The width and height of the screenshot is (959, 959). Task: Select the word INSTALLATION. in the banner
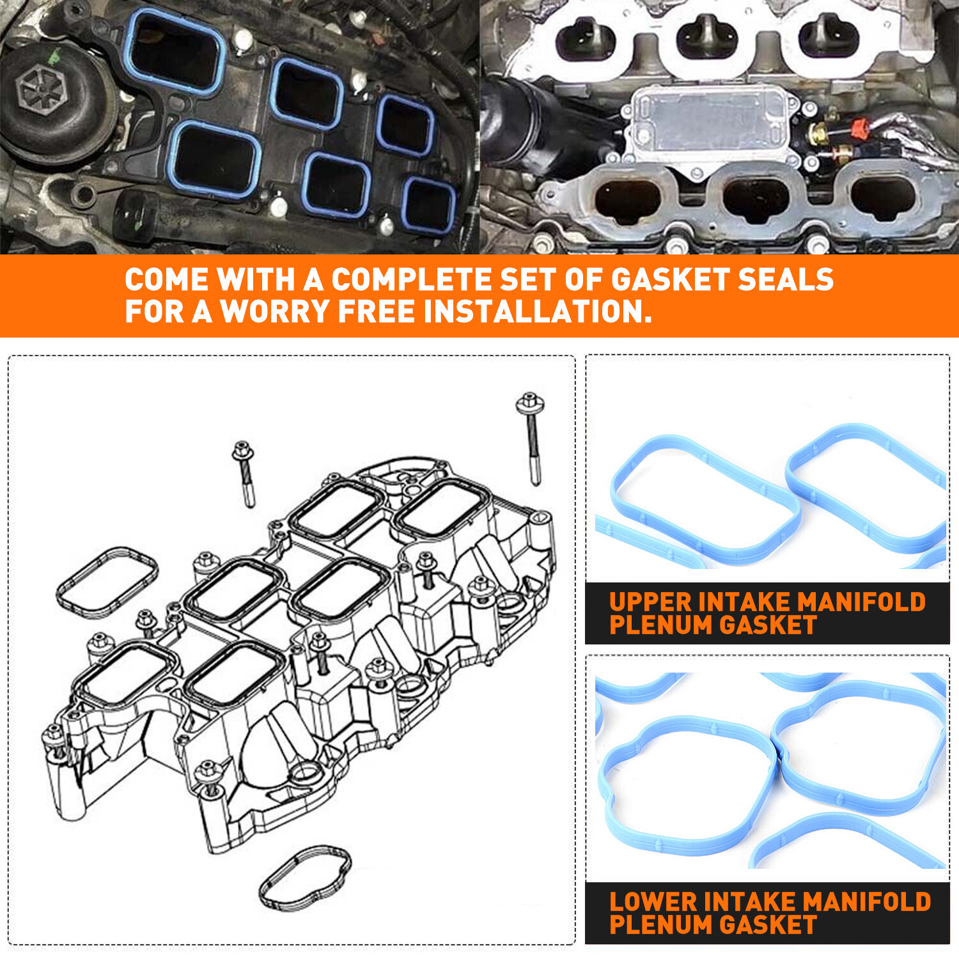[x=538, y=312]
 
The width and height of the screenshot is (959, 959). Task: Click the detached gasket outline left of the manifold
[x=107, y=582]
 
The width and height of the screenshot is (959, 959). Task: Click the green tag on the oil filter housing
[x=56, y=56]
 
